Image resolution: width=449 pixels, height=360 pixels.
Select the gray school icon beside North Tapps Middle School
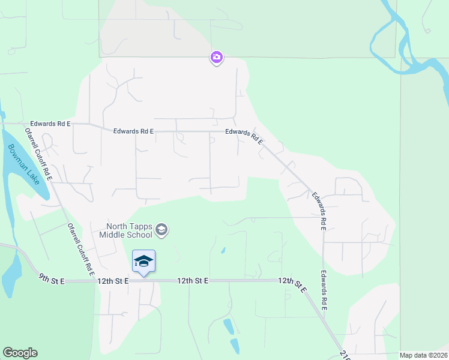(x=161, y=229)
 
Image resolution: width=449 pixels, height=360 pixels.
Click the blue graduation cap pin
(x=143, y=262)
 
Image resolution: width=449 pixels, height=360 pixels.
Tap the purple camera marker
(x=216, y=58)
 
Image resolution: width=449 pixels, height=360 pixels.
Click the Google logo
(x=20, y=353)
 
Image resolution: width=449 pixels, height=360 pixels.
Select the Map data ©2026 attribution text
(x=423, y=355)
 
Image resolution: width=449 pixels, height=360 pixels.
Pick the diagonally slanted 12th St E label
(x=292, y=284)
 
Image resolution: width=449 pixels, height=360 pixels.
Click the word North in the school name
(x=118, y=226)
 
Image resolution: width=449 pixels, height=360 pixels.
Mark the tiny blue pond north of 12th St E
(x=223, y=251)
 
